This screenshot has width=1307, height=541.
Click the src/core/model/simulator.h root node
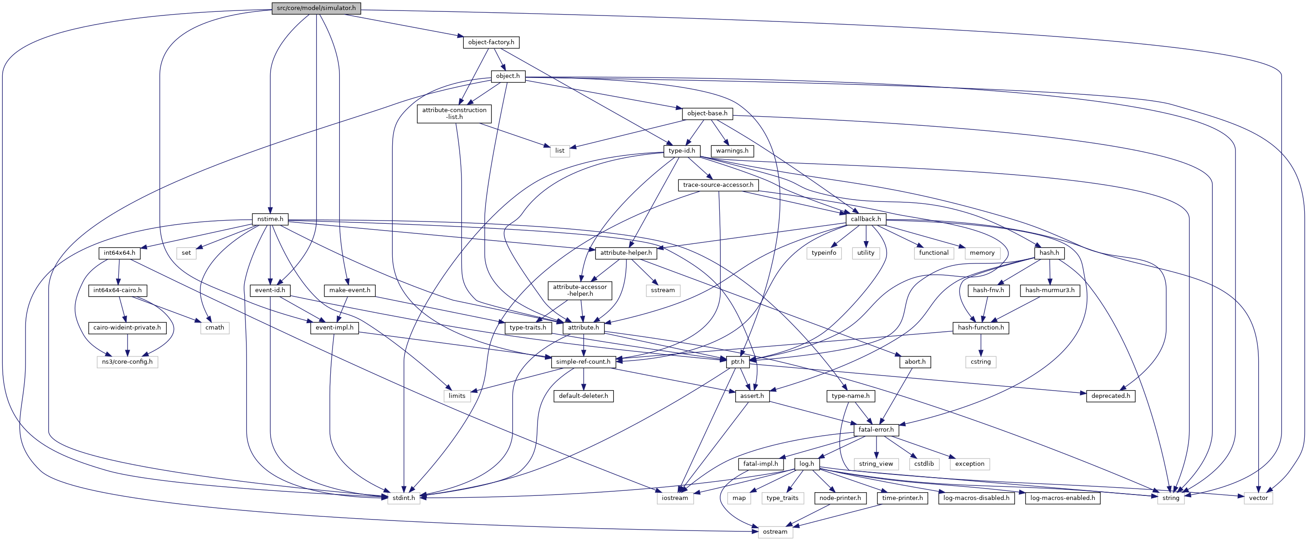[x=316, y=8]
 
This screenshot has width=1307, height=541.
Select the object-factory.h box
[x=491, y=42]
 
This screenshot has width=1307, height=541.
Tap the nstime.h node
[x=270, y=219]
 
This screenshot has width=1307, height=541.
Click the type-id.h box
[x=682, y=151]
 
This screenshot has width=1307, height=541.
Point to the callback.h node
[x=866, y=219]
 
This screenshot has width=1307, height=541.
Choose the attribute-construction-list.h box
[x=454, y=113]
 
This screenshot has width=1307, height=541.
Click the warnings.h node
[x=732, y=151]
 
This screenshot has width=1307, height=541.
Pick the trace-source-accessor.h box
[x=718, y=185]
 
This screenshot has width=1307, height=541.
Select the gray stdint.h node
[x=404, y=498]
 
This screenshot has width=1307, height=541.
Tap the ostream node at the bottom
[x=775, y=532]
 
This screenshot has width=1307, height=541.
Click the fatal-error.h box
[x=876, y=430]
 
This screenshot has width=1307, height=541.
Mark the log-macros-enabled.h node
[x=1062, y=498]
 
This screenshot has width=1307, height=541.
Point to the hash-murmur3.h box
[x=1050, y=290]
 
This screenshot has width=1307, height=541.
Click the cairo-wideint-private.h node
[x=127, y=328]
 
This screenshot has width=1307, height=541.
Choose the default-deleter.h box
[x=584, y=396]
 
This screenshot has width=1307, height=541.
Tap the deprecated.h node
[x=1111, y=396]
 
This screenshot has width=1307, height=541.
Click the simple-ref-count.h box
[x=583, y=362]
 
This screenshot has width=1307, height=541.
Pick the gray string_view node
[x=876, y=464]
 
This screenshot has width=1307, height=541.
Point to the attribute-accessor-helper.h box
[x=579, y=290]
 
